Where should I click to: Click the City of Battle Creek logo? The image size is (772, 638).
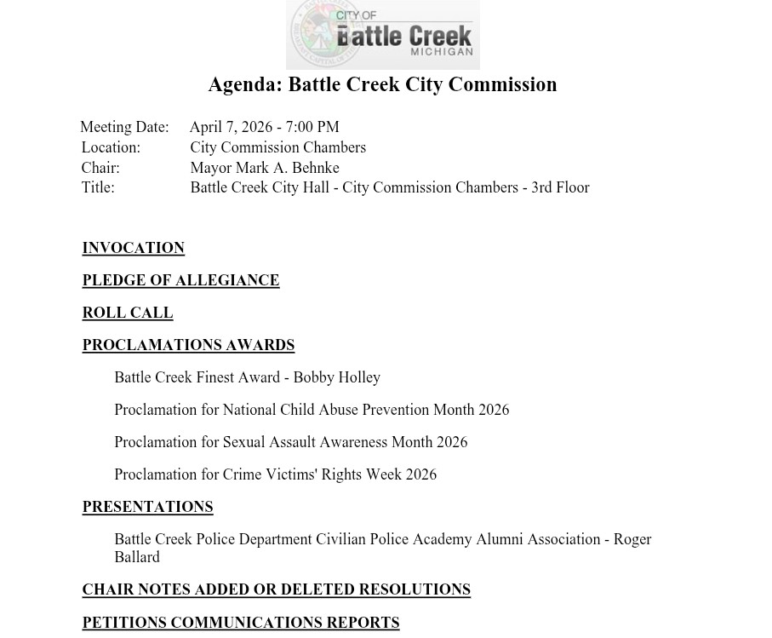tap(382, 34)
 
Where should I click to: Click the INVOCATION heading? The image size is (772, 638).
tap(133, 248)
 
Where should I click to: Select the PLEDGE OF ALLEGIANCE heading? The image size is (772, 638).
tap(180, 280)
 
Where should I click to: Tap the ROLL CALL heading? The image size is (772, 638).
tap(128, 313)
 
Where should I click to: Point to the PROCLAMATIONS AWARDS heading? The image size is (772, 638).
tap(188, 345)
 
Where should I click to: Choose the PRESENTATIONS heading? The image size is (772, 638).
tap(147, 507)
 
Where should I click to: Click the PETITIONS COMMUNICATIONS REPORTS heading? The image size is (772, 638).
tap(241, 623)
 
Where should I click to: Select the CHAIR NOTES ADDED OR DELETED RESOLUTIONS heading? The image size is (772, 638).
tap(276, 589)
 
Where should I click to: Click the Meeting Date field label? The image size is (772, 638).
tap(124, 127)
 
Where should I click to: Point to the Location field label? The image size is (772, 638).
tap(111, 147)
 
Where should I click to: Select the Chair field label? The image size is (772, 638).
tap(100, 168)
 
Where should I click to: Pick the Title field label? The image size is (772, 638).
tap(98, 187)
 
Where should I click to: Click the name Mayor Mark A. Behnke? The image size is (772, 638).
tap(265, 168)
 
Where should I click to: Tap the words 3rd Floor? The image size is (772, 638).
tap(560, 187)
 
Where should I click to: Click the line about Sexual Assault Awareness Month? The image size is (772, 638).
tap(290, 442)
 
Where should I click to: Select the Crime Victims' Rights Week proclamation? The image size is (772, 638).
tap(275, 474)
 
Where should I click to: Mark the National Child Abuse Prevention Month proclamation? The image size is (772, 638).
tap(312, 410)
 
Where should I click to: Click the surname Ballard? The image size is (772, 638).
tap(137, 557)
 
